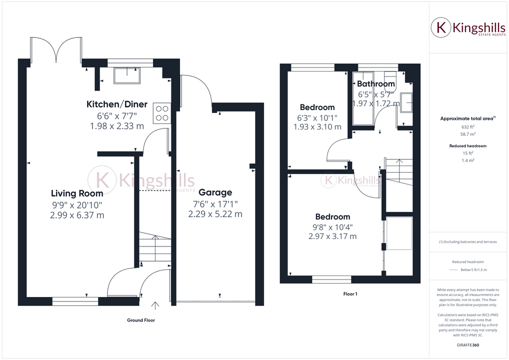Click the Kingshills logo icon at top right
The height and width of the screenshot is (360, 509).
coord(441,27)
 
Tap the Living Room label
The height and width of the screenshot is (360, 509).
coord(77,193)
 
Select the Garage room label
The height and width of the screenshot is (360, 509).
coord(215,192)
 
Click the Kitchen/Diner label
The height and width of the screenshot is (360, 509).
coord(117,104)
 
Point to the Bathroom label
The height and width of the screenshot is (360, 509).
coord(376,84)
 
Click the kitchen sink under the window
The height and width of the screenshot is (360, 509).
coord(127,75)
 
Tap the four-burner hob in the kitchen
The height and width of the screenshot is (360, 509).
coord(161,112)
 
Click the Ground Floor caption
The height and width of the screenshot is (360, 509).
coord(141,320)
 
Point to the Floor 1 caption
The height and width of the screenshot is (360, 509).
coord(349,294)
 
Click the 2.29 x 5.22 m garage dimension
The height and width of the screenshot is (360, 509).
coord(215,214)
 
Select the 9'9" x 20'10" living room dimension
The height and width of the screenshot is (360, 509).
coord(77,204)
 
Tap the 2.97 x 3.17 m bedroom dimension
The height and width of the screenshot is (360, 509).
coord(332,236)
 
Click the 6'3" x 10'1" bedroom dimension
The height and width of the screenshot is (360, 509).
coord(317,117)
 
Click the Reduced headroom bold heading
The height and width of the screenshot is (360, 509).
coord(467,146)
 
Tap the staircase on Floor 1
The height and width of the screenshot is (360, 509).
coord(398,172)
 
